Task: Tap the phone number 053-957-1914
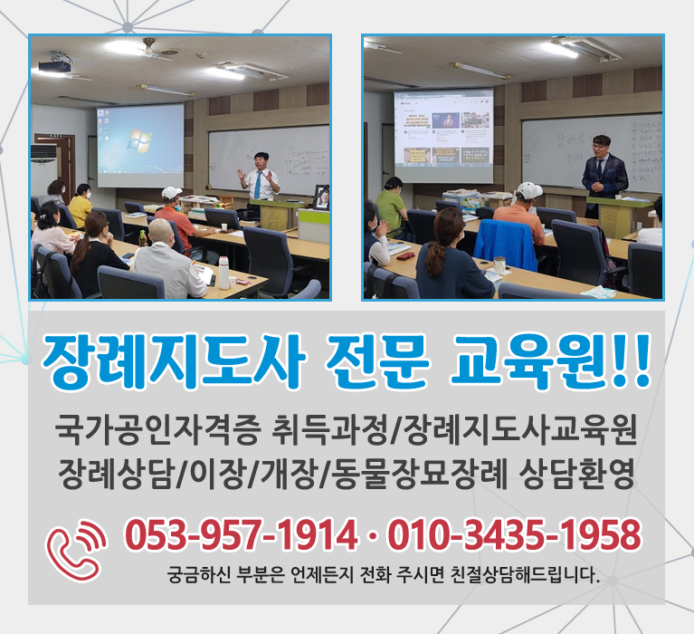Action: coord(240,536)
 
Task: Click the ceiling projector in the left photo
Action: coord(56,63)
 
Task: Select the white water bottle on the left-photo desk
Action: coord(223,272)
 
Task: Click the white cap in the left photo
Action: coord(171,193)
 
